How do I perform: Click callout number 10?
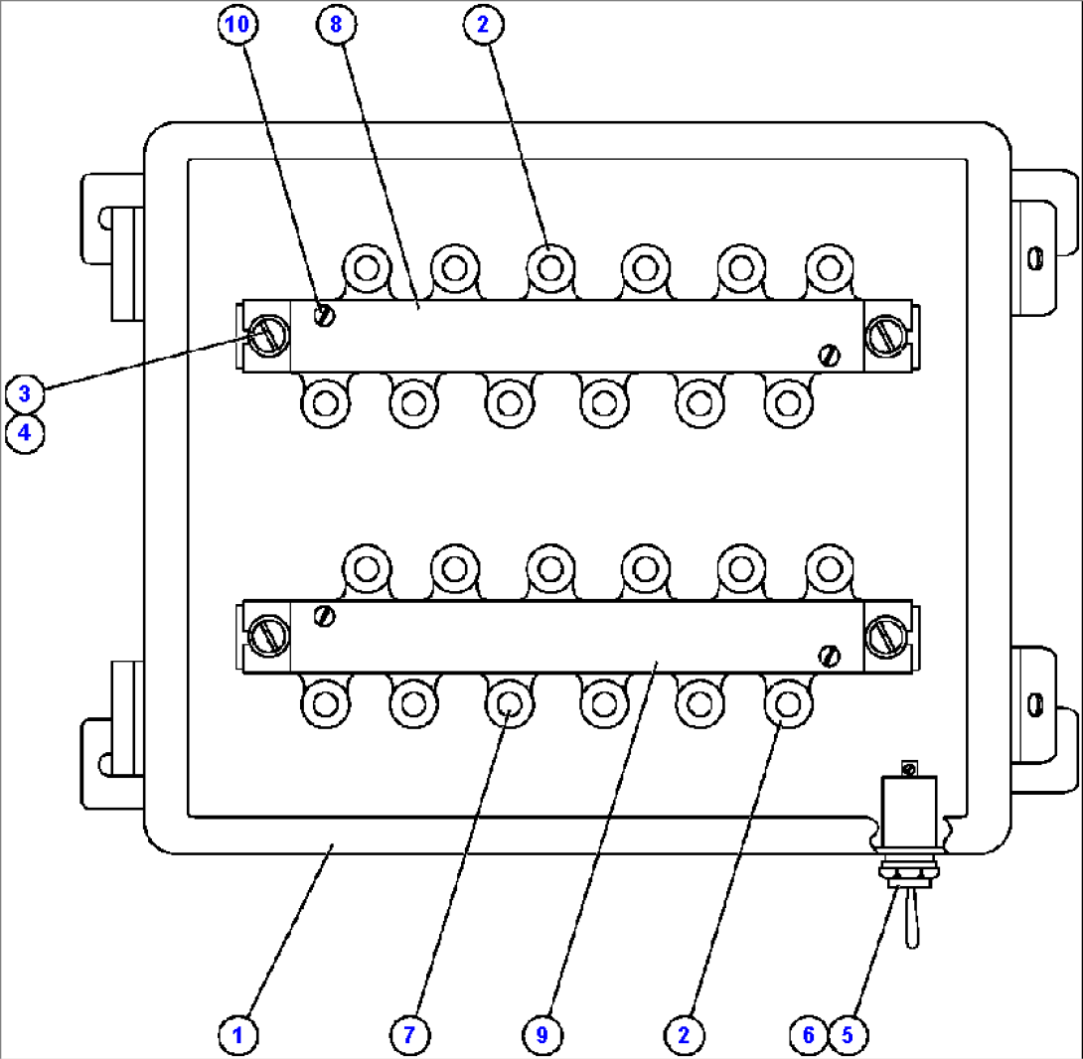pos(237,25)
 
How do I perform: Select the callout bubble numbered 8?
pos(335,25)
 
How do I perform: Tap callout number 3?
pos(24,393)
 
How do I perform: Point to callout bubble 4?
pos(24,434)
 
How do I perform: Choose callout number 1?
pos(237,1034)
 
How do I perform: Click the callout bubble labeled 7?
pos(408,1034)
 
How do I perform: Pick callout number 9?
pos(541,1034)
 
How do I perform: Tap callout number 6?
pos(809,1034)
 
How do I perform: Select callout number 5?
pos(847,1034)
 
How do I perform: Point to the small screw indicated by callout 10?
pos(324,316)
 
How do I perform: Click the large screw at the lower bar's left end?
pos(265,635)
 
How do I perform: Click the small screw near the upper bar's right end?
pos(831,355)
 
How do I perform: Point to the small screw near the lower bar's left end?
pos(324,616)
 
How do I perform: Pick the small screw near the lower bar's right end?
pos(831,655)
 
